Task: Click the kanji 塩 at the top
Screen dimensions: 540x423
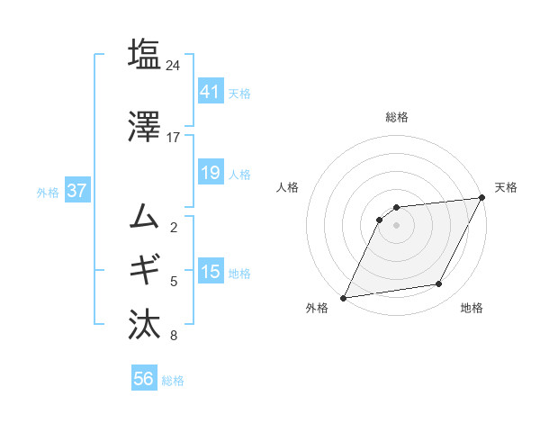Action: [x=144, y=54]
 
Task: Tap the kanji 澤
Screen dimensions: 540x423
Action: [x=144, y=128]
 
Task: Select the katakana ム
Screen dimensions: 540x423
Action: [x=144, y=216]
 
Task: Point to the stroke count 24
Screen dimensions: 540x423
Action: [x=174, y=65]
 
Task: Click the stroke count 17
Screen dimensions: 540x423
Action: [x=174, y=138]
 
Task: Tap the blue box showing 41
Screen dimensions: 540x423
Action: [x=210, y=91]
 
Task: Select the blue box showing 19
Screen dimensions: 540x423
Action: [x=210, y=173]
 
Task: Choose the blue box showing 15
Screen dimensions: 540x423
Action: [x=210, y=272]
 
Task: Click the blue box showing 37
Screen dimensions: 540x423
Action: [x=76, y=191]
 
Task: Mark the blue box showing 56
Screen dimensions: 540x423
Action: [x=143, y=380]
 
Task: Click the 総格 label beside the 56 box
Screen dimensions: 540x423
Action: [x=173, y=381]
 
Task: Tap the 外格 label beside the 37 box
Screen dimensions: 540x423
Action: [x=48, y=192]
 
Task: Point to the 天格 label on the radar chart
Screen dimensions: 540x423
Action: [x=506, y=187]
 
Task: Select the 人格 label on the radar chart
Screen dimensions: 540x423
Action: [x=288, y=187]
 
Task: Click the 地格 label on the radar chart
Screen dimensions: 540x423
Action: [x=472, y=309]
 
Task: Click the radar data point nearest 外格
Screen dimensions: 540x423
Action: [x=343, y=298]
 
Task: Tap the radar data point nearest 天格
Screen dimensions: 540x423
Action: [x=482, y=197]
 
